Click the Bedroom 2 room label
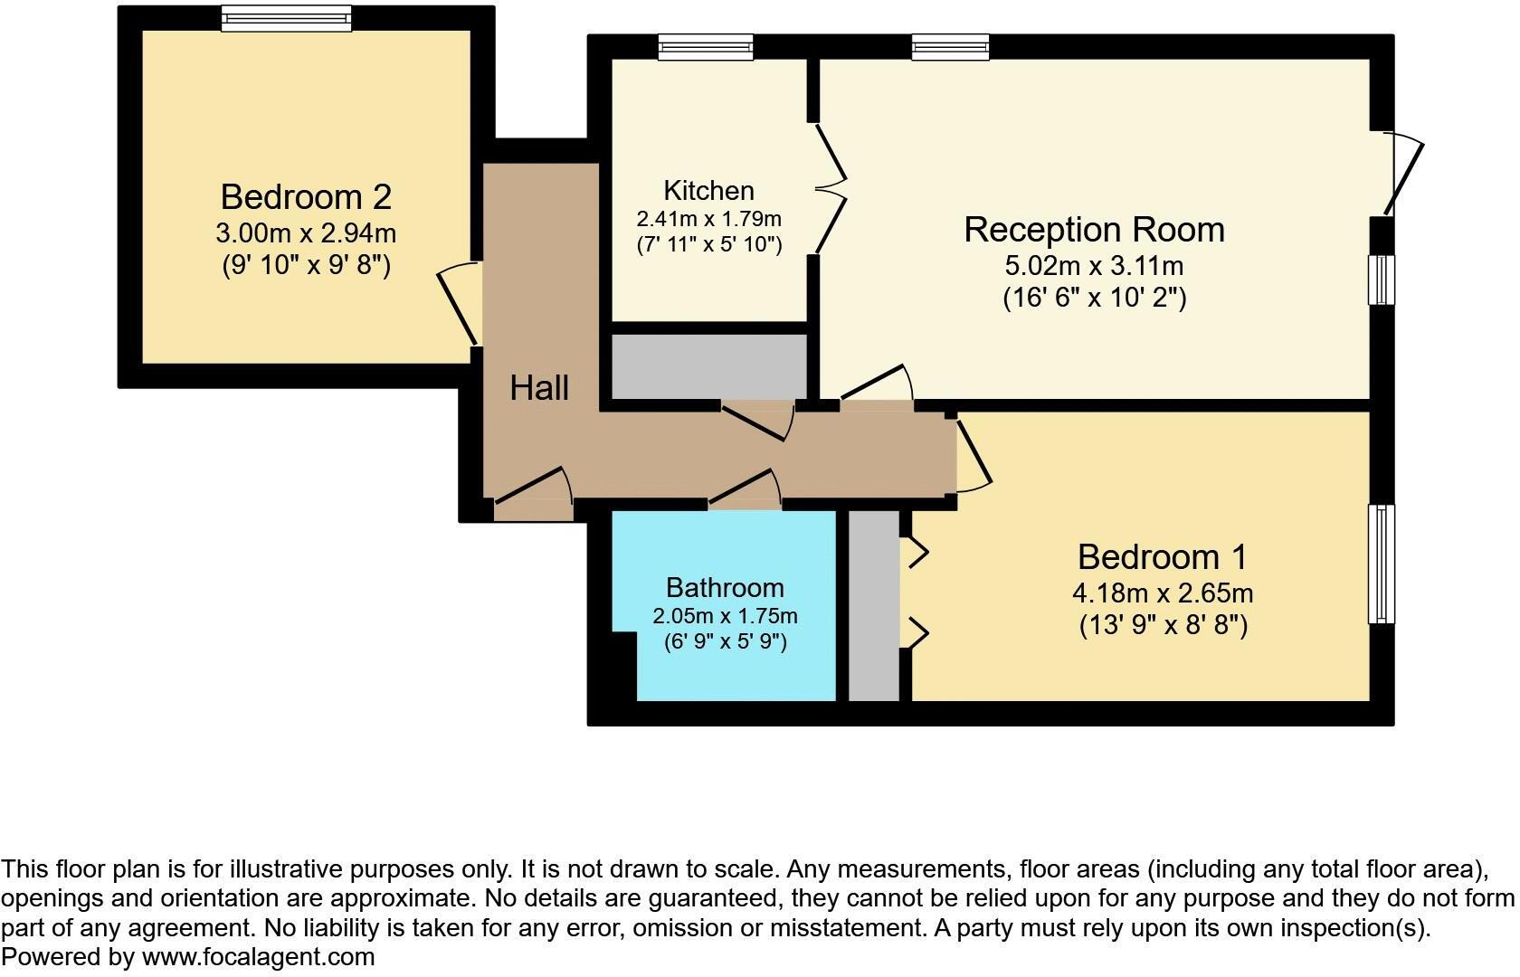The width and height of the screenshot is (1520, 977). point(306,196)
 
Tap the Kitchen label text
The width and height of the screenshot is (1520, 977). point(708,191)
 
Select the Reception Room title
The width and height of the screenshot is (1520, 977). point(1094,230)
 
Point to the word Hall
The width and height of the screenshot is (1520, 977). point(539,388)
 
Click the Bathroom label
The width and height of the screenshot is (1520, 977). point(725,588)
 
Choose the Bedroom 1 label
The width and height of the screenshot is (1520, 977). point(1162,556)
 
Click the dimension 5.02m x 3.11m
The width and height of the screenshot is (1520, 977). point(1094,266)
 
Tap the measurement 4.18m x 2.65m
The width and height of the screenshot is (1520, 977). point(1162,593)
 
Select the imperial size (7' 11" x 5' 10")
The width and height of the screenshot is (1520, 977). point(708,244)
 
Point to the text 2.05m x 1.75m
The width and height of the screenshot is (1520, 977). point(725,616)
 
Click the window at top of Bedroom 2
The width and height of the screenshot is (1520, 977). point(286,18)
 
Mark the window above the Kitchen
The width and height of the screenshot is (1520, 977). point(706,47)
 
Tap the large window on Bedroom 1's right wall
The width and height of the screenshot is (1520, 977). point(1381,564)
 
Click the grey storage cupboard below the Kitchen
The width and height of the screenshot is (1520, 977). point(708,366)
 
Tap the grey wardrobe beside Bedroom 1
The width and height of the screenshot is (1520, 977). point(874,604)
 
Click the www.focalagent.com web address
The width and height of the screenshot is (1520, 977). point(258,957)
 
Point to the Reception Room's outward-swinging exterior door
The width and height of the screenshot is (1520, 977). point(1402,176)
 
